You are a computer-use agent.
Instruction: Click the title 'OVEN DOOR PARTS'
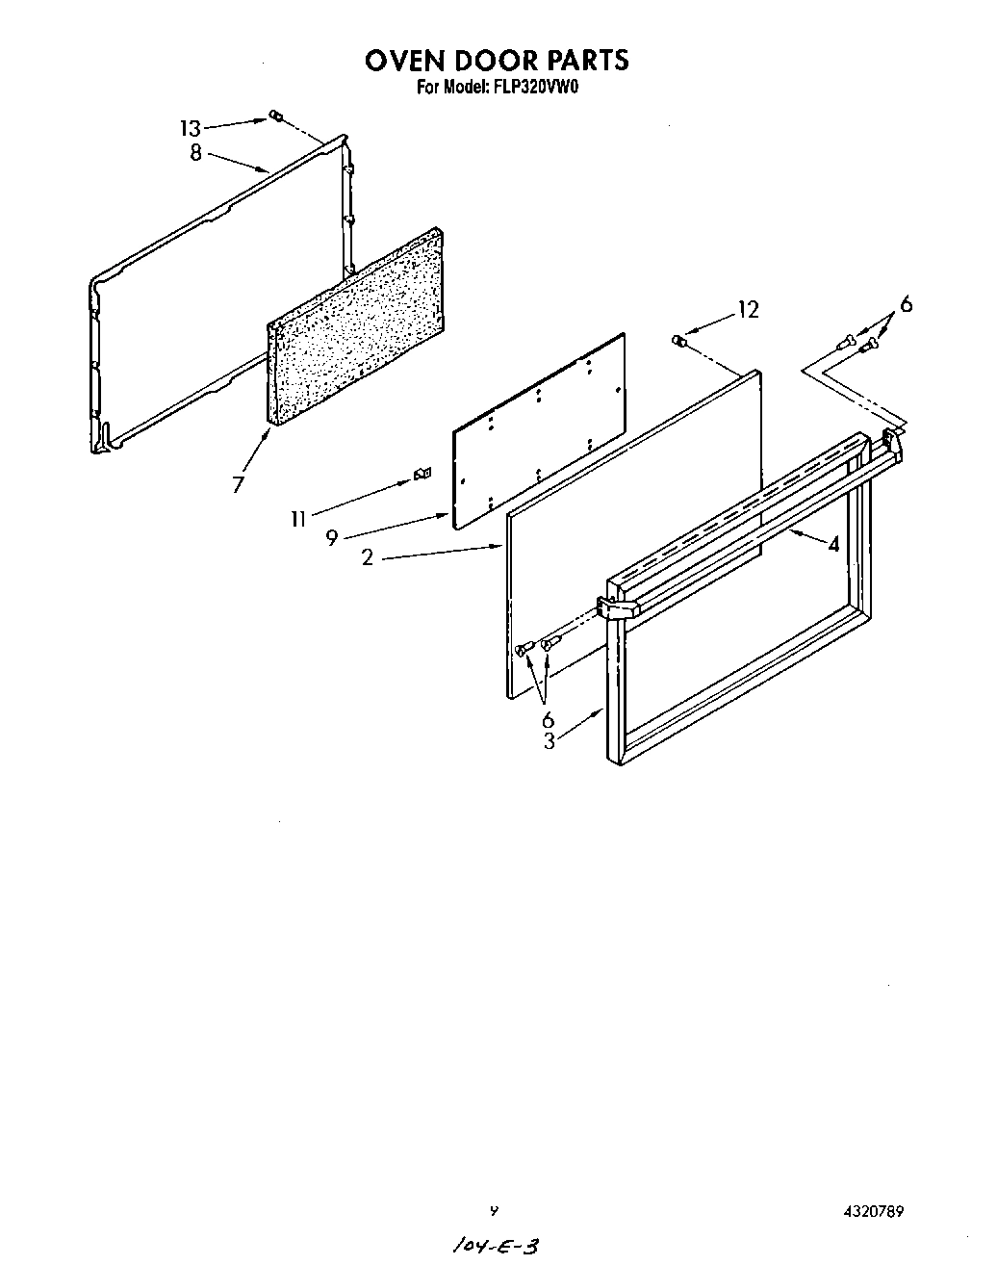click(x=497, y=61)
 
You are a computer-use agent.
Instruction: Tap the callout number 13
click(x=191, y=128)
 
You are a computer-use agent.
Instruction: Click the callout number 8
click(x=195, y=152)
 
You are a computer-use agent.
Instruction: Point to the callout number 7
click(x=239, y=484)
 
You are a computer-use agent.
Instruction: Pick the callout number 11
click(x=299, y=519)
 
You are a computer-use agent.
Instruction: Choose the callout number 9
click(x=331, y=538)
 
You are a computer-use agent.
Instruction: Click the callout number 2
click(x=368, y=557)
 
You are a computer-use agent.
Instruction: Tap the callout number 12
click(x=748, y=310)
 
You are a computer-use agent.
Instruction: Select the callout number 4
click(x=833, y=545)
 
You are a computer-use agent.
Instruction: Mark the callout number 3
click(x=549, y=741)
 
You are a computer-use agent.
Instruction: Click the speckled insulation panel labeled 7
click(x=356, y=327)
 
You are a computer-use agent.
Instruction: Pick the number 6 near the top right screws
click(x=905, y=305)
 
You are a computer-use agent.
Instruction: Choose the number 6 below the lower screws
click(x=548, y=719)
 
